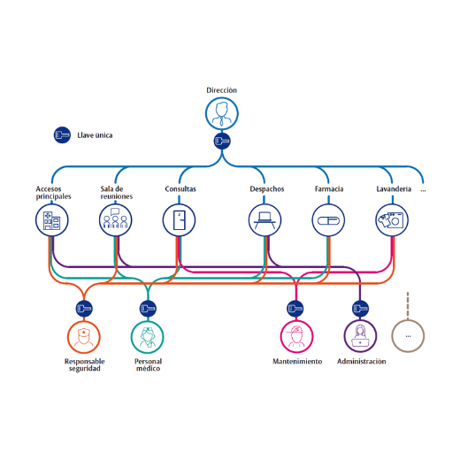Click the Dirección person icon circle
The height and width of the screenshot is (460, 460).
click(222, 113)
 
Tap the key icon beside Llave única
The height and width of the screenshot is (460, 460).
click(62, 135)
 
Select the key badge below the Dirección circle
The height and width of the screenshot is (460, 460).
click(222, 141)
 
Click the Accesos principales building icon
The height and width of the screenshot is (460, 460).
click(52, 220)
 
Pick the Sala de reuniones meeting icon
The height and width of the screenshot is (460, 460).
click(116, 220)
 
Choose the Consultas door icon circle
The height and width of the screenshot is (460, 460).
click(179, 220)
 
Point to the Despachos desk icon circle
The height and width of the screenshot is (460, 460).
click(264, 220)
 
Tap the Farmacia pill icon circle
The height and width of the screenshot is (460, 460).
click(328, 220)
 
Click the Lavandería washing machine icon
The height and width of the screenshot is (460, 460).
click(392, 220)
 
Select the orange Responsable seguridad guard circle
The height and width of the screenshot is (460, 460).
click(84, 337)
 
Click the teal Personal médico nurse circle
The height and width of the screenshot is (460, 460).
click(148, 337)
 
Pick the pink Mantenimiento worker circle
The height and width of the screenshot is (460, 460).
click(296, 336)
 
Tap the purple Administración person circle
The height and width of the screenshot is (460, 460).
click(360, 336)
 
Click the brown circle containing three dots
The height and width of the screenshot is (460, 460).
click(408, 336)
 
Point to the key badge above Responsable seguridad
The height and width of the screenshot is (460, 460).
click(84, 309)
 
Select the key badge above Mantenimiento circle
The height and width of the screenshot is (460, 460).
click(295, 309)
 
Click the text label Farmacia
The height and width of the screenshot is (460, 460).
click(329, 189)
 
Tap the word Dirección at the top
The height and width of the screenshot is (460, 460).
click(221, 90)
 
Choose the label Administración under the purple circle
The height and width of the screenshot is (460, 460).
click(362, 362)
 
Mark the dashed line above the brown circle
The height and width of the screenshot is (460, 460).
click(408, 305)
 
